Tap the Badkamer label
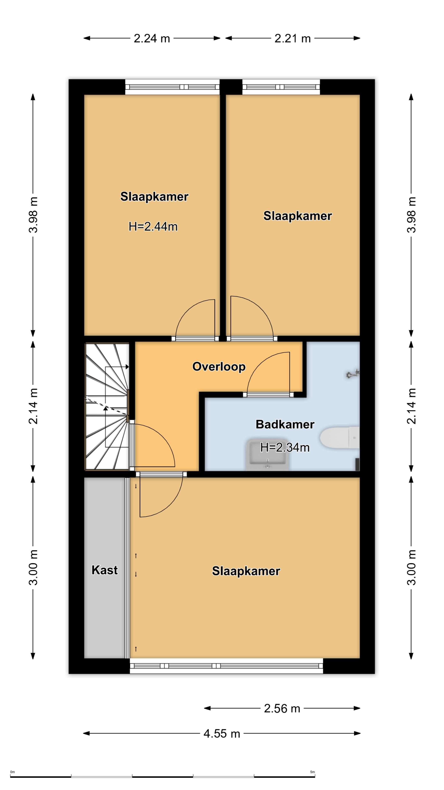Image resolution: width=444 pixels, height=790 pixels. [x=285, y=424]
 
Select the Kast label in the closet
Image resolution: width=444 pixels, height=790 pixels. [x=104, y=570]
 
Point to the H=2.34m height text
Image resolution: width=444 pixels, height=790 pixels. [x=285, y=447]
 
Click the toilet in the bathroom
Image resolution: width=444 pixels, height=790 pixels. [x=340, y=437]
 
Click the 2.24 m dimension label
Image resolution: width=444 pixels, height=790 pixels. [x=152, y=38]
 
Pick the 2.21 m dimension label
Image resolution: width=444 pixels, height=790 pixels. [x=293, y=38]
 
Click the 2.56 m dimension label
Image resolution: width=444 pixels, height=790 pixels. [x=282, y=708]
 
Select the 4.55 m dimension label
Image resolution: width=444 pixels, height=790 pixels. [x=222, y=734]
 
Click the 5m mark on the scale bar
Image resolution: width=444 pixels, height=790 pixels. [x=312, y=772]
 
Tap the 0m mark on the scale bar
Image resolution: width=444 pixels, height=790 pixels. [x=13, y=772]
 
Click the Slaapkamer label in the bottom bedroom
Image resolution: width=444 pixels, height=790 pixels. [x=246, y=571]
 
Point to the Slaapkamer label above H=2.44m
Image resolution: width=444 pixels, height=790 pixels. [x=154, y=197]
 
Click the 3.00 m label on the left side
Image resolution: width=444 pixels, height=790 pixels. [x=33, y=567]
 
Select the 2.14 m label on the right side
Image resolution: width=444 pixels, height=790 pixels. [x=411, y=406]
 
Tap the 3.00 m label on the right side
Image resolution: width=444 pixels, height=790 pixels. [x=411, y=567]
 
